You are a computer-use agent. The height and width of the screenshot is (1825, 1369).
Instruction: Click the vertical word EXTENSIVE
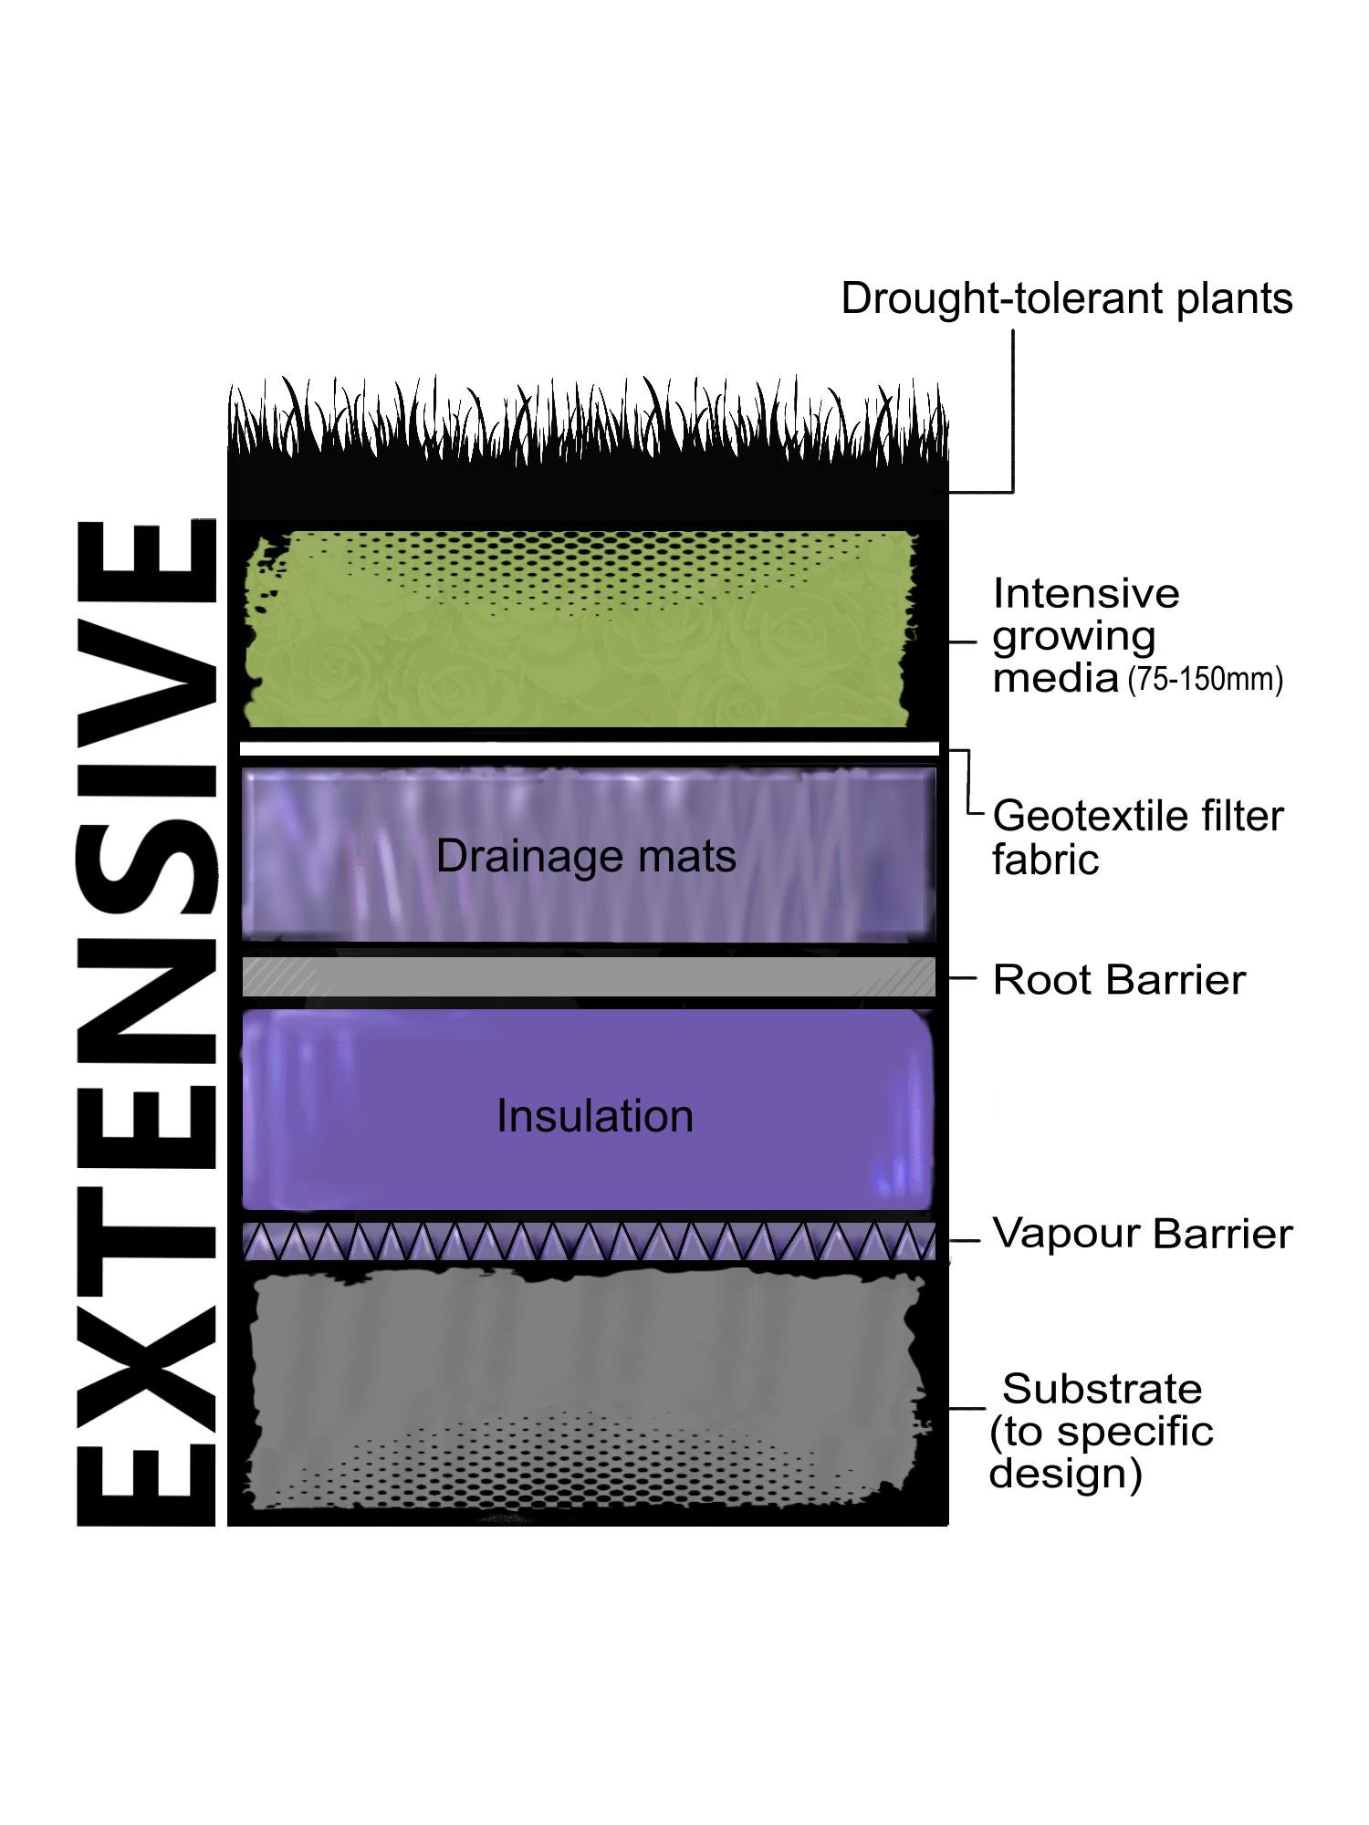coord(146,1022)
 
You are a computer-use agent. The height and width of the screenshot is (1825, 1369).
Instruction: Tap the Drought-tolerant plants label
coord(1066,298)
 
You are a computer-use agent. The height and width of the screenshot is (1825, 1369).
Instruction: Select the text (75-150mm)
coord(1205,680)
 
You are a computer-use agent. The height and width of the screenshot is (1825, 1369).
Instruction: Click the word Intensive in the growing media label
coord(1086,594)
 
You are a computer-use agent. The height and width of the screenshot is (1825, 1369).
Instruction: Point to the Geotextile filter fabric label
coord(1137,837)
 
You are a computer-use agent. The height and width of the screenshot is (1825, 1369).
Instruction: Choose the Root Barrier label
coord(1119,980)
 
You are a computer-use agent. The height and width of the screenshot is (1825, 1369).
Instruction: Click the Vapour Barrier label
coord(1143,1234)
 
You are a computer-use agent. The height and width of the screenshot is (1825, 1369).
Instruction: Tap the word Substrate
coord(1103,1389)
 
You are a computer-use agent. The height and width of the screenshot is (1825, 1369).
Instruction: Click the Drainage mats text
coord(586,856)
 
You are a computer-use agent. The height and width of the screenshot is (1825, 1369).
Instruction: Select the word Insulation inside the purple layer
coord(595,1116)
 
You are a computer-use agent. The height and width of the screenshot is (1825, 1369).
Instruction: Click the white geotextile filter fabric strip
coord(589,749)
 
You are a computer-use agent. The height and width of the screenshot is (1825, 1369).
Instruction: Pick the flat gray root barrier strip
coord(589,976)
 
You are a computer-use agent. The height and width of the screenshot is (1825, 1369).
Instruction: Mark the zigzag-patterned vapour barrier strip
coord(589,1242)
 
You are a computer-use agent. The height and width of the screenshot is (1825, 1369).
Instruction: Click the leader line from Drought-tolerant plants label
coord(1013,411)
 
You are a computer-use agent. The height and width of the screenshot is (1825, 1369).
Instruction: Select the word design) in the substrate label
coord(1066,1474)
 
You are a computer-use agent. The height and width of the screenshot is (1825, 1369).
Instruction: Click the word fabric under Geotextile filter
coord(1046,860)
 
